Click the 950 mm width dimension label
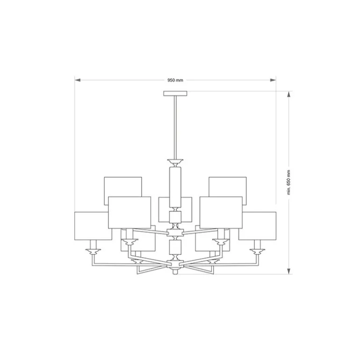click(x=175, y=80)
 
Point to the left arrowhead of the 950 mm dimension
click(x=78, y=80)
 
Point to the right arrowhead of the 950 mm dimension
click(x=273, y=80)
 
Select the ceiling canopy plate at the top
click(x=175, y=94)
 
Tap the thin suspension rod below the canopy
click(x=175, y=126)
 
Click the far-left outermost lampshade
click(x=93, y=226)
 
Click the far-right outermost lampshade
click(x=257, y=226)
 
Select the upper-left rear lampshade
click(x=122, y=186)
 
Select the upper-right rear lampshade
click(x=228, y=186)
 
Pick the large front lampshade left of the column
click(x=130, y=212)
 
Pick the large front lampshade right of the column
click(x=221, y=212)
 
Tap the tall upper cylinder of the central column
click(x=175, y=187)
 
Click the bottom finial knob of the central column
click(x=175, y=271)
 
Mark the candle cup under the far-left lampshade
click(x=93, y=252)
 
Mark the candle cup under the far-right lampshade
click(x=257, y=252)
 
